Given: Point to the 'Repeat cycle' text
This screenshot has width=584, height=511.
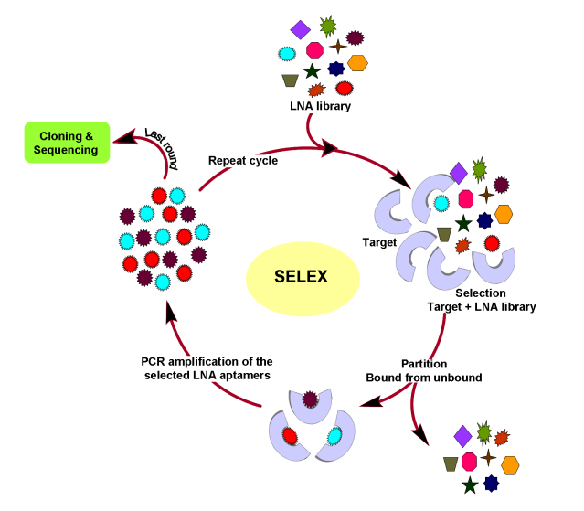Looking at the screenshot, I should coord(243,160).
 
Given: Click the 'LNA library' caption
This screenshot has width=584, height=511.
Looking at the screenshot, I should coord(320,107).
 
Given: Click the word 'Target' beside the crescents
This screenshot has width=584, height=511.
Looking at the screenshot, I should coord(378,243).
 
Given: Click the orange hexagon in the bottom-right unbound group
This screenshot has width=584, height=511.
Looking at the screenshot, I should coord(509,463).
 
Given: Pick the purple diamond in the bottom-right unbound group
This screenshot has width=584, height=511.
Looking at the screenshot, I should coord(462,433).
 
